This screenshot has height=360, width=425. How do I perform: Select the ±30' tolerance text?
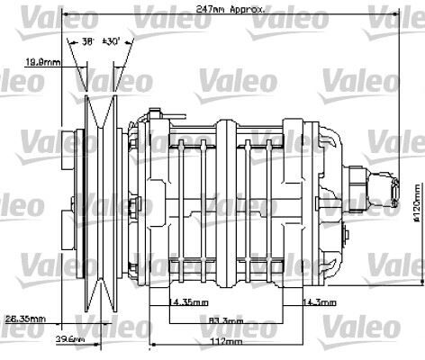113,40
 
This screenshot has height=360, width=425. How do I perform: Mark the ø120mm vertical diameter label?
416,207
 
